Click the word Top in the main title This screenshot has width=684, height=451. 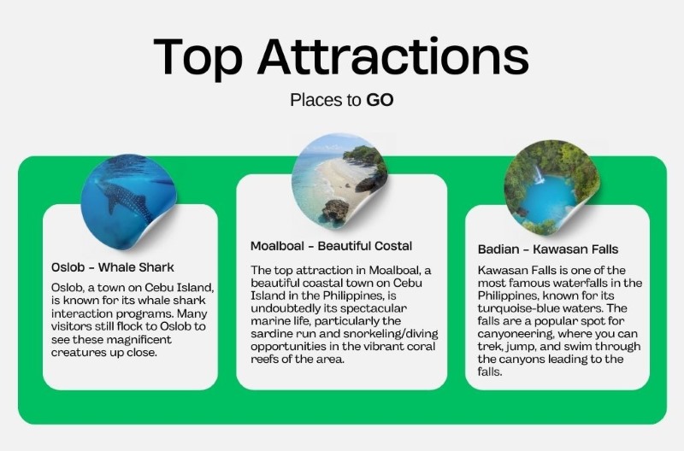198,57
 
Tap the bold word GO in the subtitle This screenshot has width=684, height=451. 380,100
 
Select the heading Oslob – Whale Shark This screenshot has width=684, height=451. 113,267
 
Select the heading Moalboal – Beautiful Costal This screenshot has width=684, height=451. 331,246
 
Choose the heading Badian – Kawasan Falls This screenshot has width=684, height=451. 548,249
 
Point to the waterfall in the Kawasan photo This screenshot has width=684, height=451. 540,174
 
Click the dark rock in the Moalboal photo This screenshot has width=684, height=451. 335,211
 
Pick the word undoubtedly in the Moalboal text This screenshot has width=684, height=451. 290,308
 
